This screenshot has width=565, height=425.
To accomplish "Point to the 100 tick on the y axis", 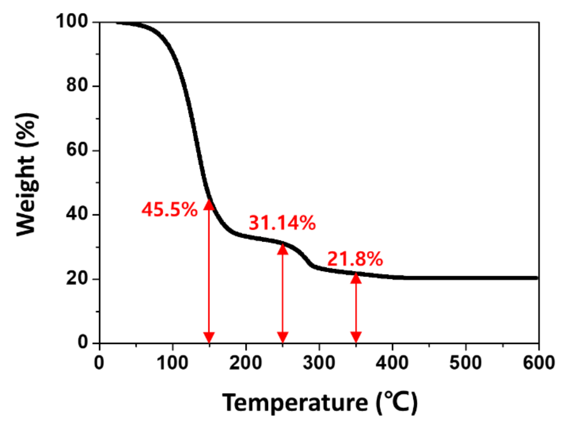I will (x=72, y=21).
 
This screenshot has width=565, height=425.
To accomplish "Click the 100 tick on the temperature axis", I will (x=173, y=363).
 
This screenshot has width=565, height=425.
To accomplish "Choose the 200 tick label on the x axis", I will (x=246, y=363).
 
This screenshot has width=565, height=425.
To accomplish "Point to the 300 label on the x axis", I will (x=319, y=363).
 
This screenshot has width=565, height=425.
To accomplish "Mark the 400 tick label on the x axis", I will (x=392, y=363).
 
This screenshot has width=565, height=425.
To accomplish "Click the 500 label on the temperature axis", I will (x=465, y=363).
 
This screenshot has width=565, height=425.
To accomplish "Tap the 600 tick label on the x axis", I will (x=538, y=363).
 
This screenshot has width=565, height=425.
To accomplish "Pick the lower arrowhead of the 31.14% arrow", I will (x=282, y=337).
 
